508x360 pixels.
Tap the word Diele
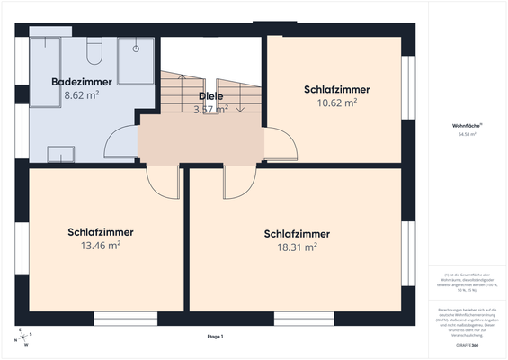(x=210, y=95)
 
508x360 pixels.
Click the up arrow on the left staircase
(x=181, y=77)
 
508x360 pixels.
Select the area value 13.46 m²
(x=101, y=244)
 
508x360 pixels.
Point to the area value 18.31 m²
(x=297, y=246)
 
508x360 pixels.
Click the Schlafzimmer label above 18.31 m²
(x=297, y=233)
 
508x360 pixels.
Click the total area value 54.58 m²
(x=466, y=134)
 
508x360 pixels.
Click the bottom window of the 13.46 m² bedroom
(x=120, y=317)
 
